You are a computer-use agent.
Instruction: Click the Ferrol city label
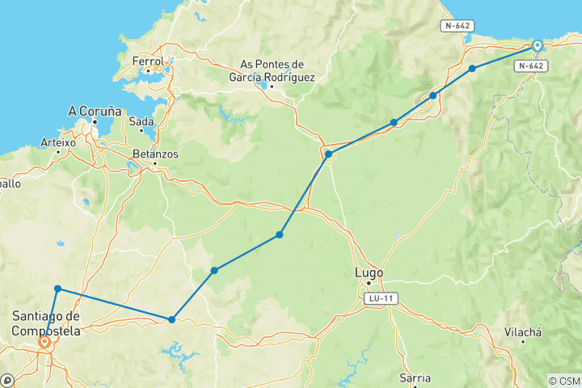[148, 61]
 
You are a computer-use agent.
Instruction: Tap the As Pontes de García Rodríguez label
[277, 71]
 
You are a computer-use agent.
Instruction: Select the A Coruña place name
[95, 111]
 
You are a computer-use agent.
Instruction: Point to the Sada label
[141, 121]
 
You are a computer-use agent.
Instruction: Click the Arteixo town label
[57, 142]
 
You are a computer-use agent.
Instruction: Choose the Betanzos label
[155, 153]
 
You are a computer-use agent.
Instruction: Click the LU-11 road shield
[380, 298]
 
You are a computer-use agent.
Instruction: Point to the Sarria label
[415, 377]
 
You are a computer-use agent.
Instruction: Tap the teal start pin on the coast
[537, 46]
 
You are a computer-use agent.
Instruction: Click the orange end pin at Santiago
[44, 343]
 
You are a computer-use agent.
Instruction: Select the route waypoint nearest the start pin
[472, 69]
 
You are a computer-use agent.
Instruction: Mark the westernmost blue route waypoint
[58, 289]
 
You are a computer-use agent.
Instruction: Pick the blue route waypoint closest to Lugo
[280, 234]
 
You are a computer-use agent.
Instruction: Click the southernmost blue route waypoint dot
[172, 319]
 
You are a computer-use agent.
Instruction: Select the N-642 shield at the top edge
[457, 26]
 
